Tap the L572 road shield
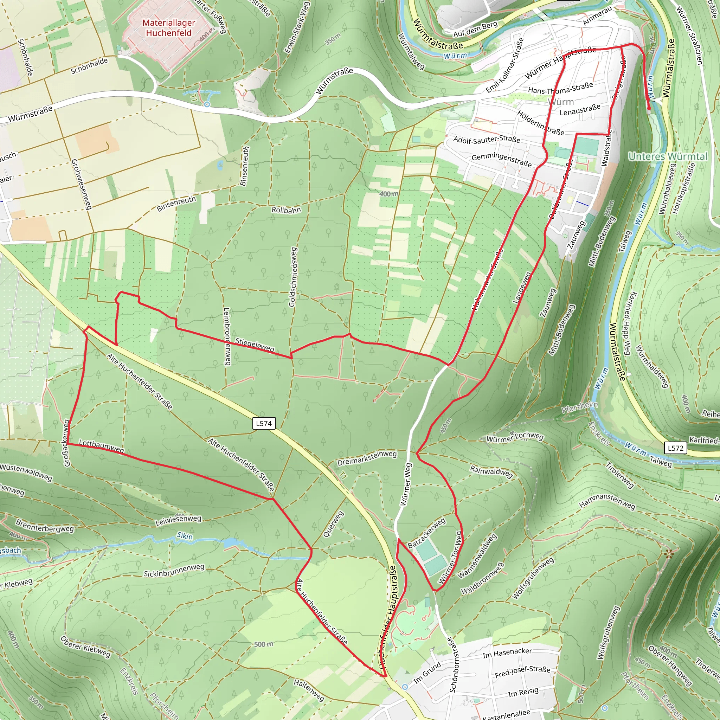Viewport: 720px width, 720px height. [675, 448]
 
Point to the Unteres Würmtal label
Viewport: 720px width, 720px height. [668, 156]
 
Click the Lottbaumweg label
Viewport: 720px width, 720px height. [101, 446]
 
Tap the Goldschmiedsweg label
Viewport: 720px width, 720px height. [292, 277]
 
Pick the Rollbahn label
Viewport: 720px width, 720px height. [286, 210]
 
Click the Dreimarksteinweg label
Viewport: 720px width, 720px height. [367, 458]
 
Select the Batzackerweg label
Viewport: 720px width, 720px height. [426, 533]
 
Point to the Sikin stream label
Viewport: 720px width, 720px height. [185, 536]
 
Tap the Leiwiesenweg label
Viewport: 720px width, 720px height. [178, 520]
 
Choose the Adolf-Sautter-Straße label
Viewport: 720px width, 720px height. [487, 139]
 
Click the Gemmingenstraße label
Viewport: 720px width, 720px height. [502, 160]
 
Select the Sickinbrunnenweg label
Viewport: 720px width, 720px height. [174, 570]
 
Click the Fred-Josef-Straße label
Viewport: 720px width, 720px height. [522, 672]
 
